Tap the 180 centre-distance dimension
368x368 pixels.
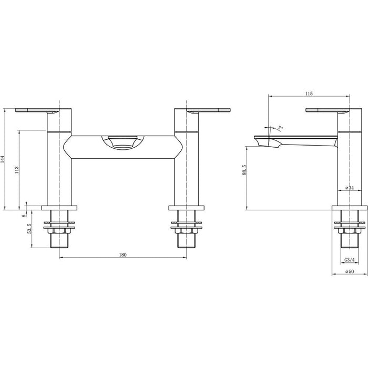pos(122,254)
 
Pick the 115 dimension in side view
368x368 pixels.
pos(309,94)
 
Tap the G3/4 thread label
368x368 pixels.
pos(348,260)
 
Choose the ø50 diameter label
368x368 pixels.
pos(348,271)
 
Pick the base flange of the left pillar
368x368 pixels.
pos(62,207)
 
